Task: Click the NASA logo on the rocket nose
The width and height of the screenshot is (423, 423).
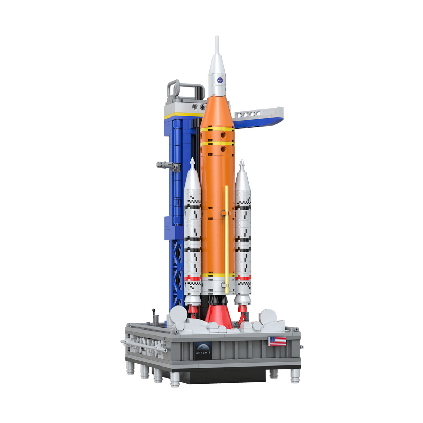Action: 220,80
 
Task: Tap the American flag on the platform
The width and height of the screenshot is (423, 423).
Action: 277,341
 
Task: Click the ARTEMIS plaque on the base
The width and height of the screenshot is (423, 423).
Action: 203,350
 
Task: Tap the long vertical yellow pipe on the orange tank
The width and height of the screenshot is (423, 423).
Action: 226,237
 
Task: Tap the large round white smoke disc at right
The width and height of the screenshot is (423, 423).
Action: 268,317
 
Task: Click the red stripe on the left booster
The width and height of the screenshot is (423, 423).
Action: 193,278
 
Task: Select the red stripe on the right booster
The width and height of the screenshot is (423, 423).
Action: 243,278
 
